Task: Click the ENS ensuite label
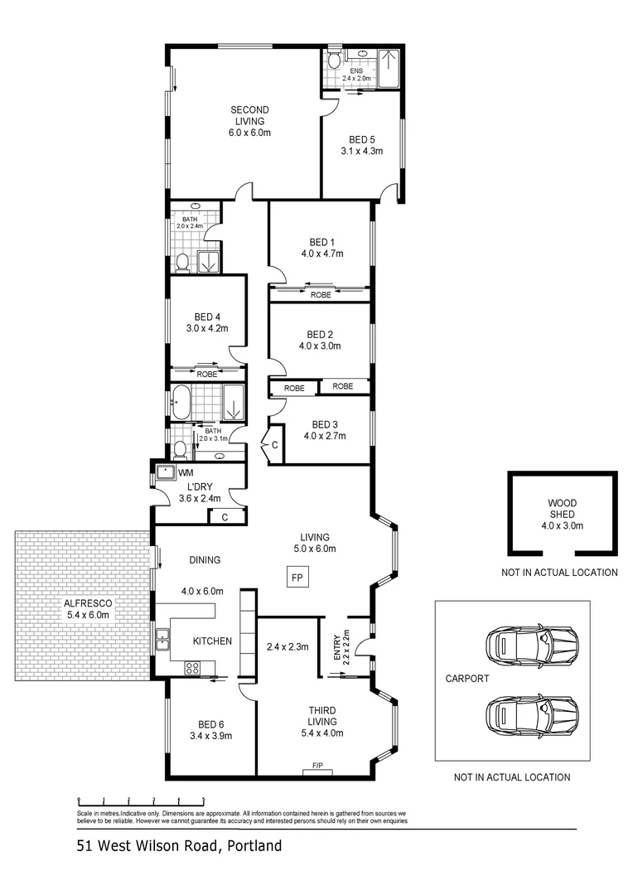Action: pos(356,71)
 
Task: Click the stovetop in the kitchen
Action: pos(192,667)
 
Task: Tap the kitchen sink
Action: pos(163,639)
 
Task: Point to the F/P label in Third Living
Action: pos(316,767)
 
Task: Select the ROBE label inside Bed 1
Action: pos(321,294)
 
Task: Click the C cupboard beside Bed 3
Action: pos(274,446)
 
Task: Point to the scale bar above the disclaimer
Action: pos(141,801)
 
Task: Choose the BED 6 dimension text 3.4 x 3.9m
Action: pos(210,735)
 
